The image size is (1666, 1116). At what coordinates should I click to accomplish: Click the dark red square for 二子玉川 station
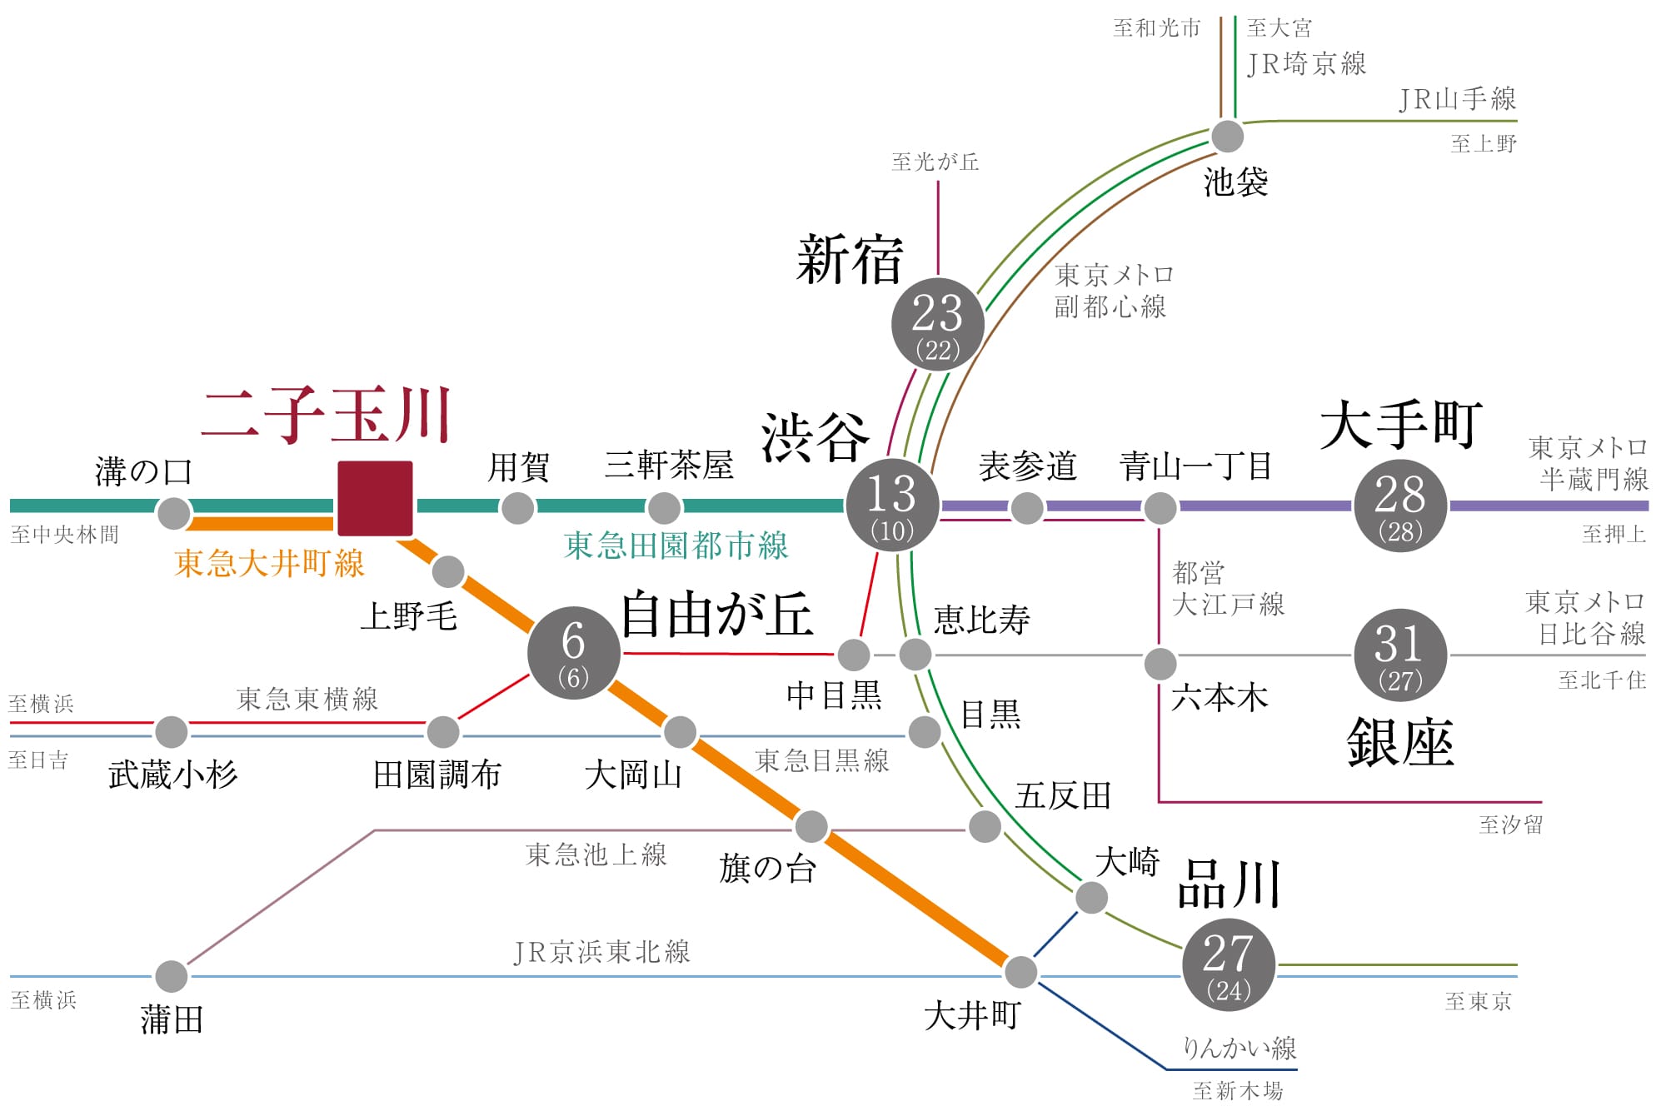point(375,498)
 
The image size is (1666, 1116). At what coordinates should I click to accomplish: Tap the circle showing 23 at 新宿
point(937,324)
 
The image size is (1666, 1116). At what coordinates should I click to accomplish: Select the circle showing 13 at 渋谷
point(892,505)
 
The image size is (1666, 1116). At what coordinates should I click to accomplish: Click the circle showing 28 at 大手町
point(1399,506)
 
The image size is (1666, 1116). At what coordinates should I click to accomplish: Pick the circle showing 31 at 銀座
point(1399,655)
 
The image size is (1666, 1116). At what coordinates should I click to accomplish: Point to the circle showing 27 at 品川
point(1228,964)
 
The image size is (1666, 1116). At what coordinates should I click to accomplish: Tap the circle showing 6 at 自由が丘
point(573,653)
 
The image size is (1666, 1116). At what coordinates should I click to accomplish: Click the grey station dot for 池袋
point(1227,137)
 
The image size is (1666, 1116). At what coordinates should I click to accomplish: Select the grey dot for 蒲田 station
point(171,976)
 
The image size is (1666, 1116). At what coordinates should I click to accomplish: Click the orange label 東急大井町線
point(269,564)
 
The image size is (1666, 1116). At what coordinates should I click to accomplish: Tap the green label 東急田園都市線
point(676,546)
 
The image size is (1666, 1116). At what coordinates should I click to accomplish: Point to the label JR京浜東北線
point(601,951)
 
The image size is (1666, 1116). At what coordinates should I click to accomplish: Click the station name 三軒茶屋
point(669,466)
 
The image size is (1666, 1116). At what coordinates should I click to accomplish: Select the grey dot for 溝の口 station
point(174,513)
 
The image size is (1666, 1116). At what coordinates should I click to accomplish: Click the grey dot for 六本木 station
point(1160,664)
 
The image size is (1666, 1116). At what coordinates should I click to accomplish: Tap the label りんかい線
point(1240,1048)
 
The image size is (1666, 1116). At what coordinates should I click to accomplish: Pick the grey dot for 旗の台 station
point(811,826)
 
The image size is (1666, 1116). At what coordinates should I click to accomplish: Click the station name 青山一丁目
point(1195,466)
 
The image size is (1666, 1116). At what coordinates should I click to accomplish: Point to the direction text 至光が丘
point(935,162)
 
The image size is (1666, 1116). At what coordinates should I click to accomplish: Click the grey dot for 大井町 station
point(1020,971)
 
